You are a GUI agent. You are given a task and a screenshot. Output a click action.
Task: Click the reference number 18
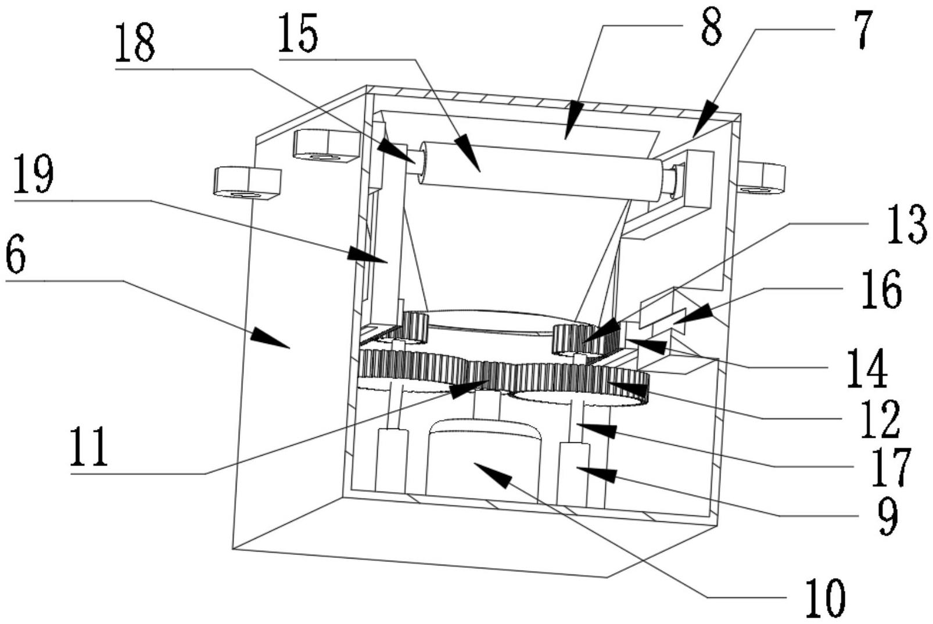135,43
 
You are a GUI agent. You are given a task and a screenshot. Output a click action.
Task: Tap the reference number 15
298,33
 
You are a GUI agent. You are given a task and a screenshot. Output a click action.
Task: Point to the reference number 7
859,30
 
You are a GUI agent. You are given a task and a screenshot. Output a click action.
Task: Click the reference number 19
34,174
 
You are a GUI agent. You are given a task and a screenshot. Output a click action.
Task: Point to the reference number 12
879,420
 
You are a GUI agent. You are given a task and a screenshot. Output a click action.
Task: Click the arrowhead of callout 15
468,152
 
